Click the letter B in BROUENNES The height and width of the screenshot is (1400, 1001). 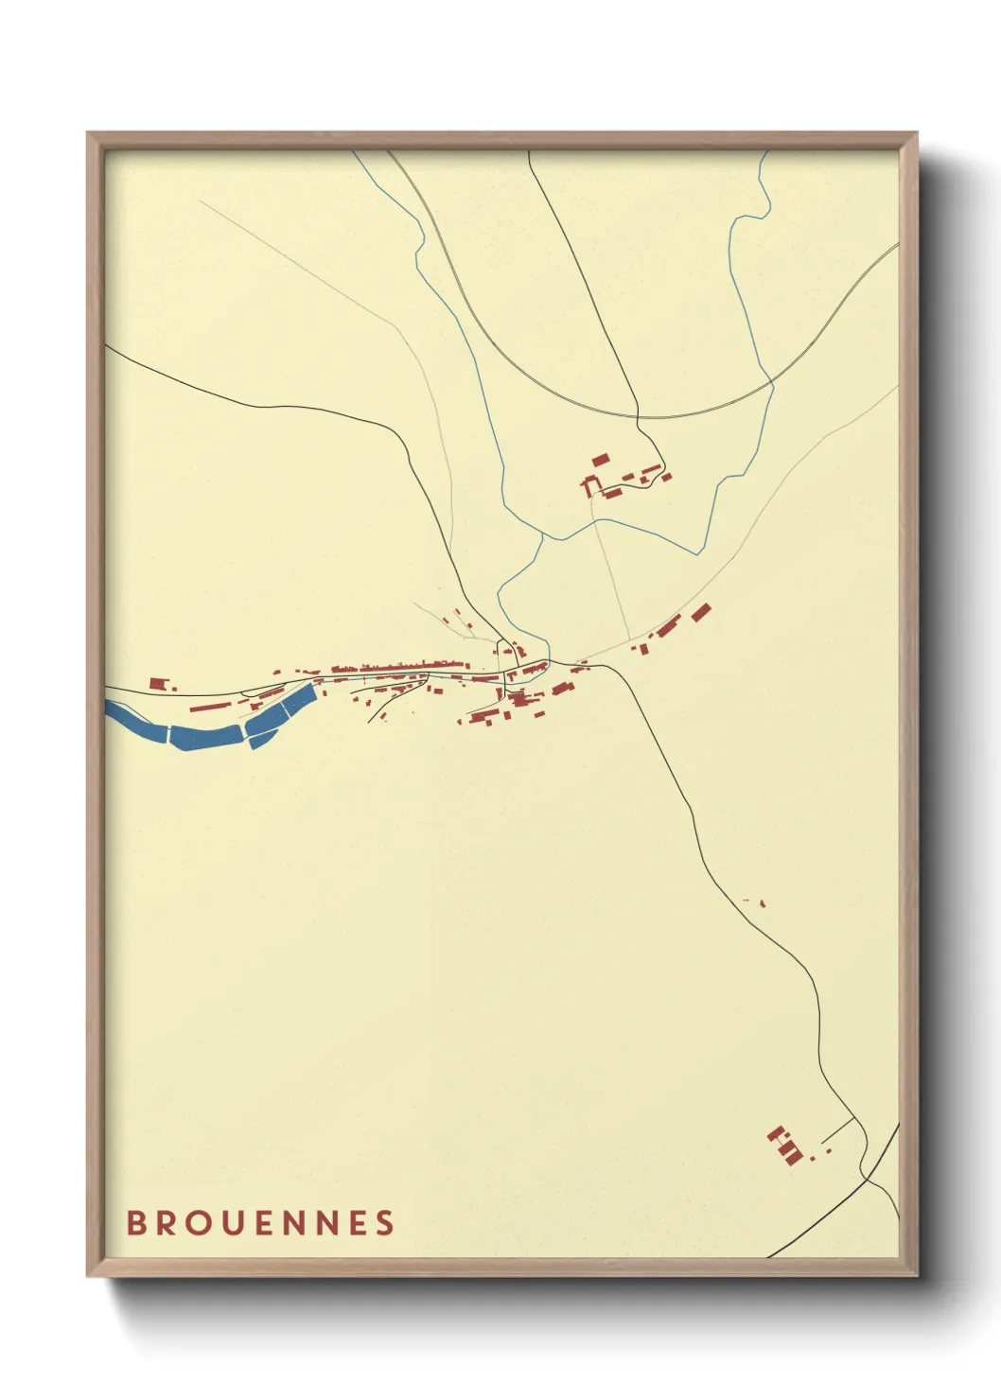[x=137, y=1223]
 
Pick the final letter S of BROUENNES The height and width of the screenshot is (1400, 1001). [x=384, y=1223]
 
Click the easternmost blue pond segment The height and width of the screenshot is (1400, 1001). [x=299, y=700]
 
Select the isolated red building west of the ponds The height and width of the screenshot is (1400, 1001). [x=157, y=682]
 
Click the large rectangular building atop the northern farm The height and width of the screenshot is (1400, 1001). [x=600, y=460]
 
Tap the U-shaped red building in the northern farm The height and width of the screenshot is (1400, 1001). [x=591, y=487]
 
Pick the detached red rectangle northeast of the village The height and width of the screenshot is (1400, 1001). [x=700, y=612]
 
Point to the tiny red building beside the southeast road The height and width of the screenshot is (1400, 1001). [x=763, y=903]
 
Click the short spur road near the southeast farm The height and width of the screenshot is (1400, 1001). [x=837, y=1130]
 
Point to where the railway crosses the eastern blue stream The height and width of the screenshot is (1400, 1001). [x=772, y=382]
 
